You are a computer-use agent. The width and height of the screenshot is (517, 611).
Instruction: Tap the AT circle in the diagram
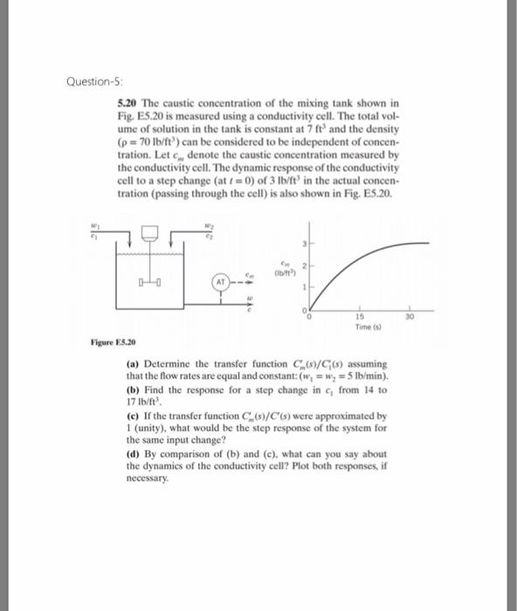[x=219, y=283]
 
